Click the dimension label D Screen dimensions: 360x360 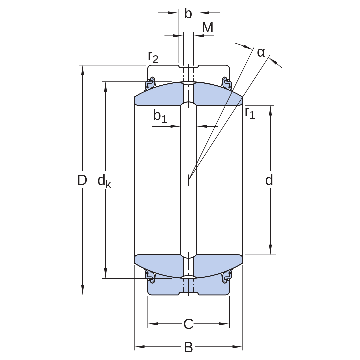pos(82,180)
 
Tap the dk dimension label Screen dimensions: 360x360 pos(104,181)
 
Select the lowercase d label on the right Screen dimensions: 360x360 pos(269,180)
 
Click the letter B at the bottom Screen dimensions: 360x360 pos(188,347)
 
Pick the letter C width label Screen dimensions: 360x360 pos(188,324)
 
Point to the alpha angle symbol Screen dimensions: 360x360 pos(261,53)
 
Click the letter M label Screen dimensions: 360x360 pos(208,28)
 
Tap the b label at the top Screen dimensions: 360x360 pos(188,14)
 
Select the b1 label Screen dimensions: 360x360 pos(160,116)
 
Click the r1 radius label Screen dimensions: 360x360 pos(250,113)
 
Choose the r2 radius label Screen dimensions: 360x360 pos(153,57)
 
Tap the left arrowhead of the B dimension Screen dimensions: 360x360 pos(139,346)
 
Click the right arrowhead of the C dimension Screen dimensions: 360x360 pos(224,324)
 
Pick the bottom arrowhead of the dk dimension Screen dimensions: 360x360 pos(106,273)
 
